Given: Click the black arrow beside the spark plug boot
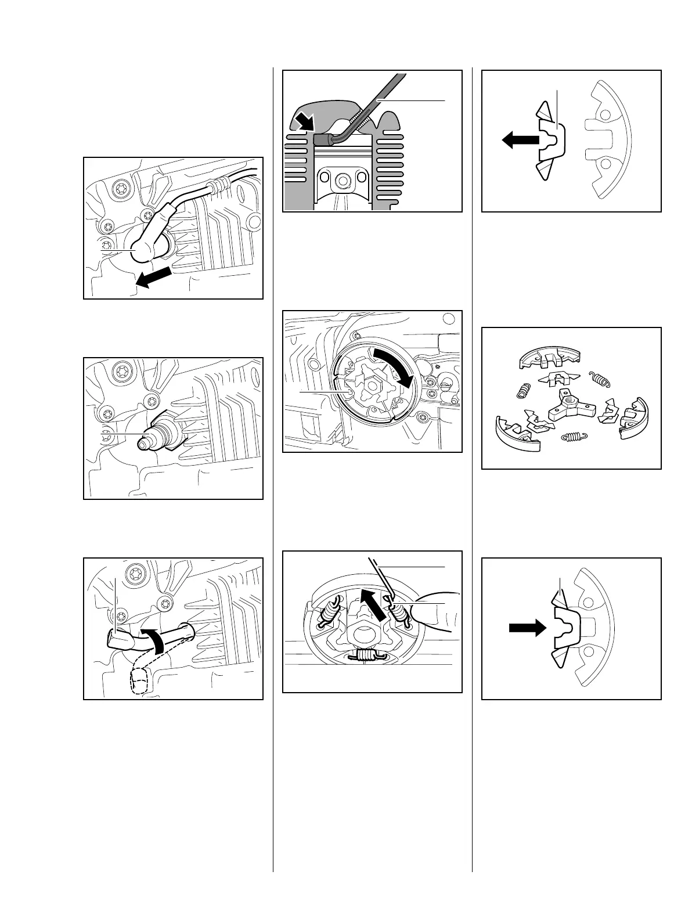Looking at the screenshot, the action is pos(154,277).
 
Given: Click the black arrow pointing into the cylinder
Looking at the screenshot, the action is pos(303,123).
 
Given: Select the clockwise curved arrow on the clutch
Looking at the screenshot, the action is pos(395,363).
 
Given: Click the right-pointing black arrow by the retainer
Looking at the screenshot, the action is pos(527,628).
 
